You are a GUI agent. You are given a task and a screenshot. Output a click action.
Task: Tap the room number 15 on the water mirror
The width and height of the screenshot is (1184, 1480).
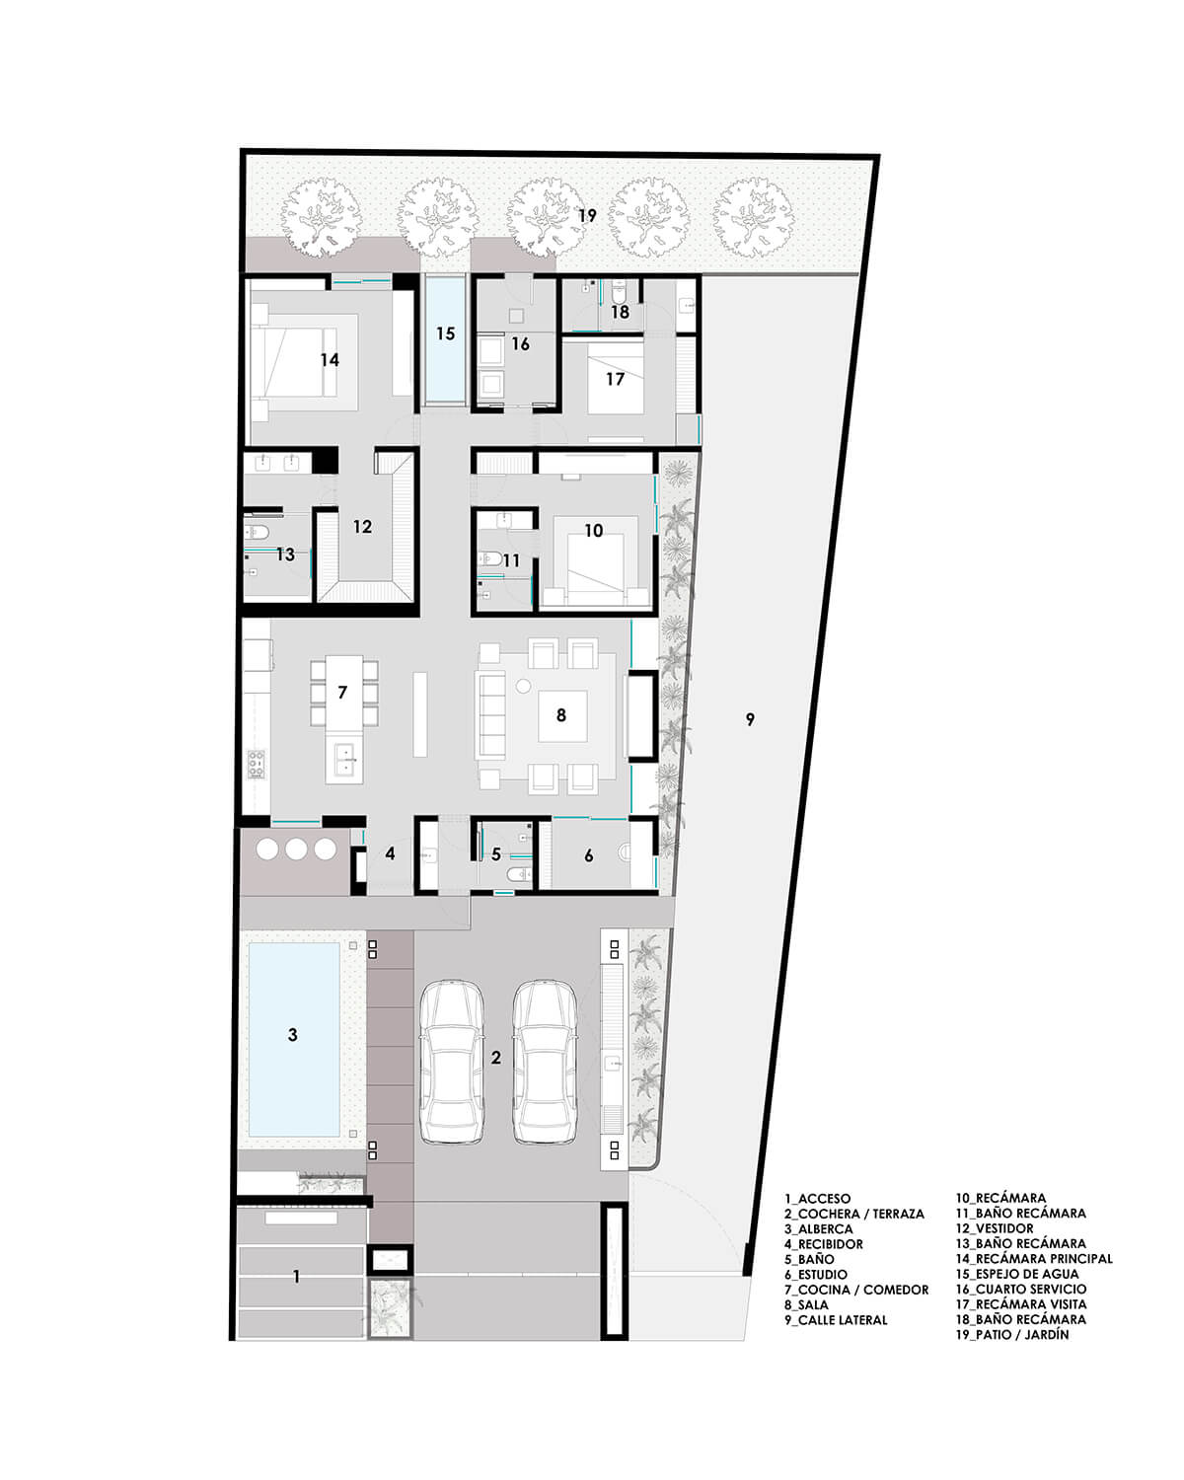point(445,333)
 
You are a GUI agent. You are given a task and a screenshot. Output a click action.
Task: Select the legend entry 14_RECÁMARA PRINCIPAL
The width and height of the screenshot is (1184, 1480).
point(1033,1259)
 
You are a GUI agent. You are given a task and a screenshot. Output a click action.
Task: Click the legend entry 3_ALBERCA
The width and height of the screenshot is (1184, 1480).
point(818,1228)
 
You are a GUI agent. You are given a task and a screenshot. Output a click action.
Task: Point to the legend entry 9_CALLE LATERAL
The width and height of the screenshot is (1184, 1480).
point(835,1320)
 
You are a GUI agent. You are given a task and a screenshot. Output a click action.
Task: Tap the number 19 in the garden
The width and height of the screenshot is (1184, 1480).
point(587,216)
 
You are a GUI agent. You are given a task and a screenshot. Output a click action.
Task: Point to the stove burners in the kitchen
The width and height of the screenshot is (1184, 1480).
point(256,764)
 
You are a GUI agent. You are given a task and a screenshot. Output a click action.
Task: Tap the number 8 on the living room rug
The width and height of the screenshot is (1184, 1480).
point(560,715)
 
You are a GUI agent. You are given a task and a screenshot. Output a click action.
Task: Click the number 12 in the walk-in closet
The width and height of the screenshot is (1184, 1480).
point(362,527)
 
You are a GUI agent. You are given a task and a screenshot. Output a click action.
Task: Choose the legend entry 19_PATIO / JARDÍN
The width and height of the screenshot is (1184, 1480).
point(1012,1335)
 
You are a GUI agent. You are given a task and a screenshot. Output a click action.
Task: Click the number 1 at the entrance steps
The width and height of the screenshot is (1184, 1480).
point(297,1277)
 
